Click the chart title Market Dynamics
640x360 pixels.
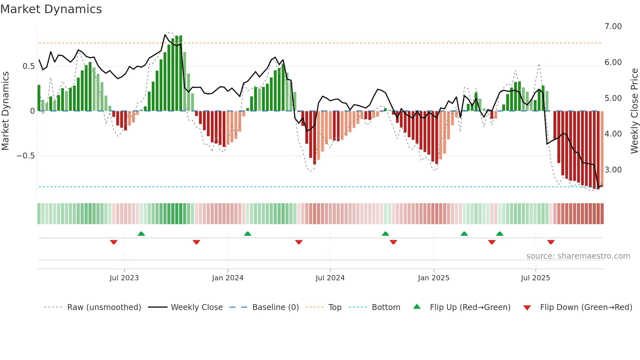[51, 9]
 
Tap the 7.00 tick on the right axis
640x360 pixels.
[613, 26]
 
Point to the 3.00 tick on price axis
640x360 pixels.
[613, 170]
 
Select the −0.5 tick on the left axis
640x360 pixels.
[25, 156]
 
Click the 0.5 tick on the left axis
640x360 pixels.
[28, 66]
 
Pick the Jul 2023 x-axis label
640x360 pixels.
[124, 278]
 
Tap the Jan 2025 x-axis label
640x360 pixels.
[433, 278]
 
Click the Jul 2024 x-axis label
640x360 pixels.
[330, 278]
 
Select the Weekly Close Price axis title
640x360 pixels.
[634, 111]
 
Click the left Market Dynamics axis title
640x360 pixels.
[5, 111]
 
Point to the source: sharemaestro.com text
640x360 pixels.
[578, 256]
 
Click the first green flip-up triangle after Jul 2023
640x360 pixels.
[141, 234]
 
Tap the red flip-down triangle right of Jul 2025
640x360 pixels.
[551, 242]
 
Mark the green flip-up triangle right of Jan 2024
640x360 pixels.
[248, 234]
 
